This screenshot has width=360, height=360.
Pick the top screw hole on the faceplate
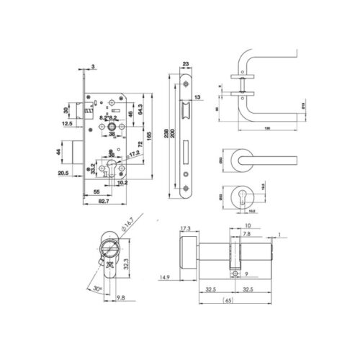[186, 84]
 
